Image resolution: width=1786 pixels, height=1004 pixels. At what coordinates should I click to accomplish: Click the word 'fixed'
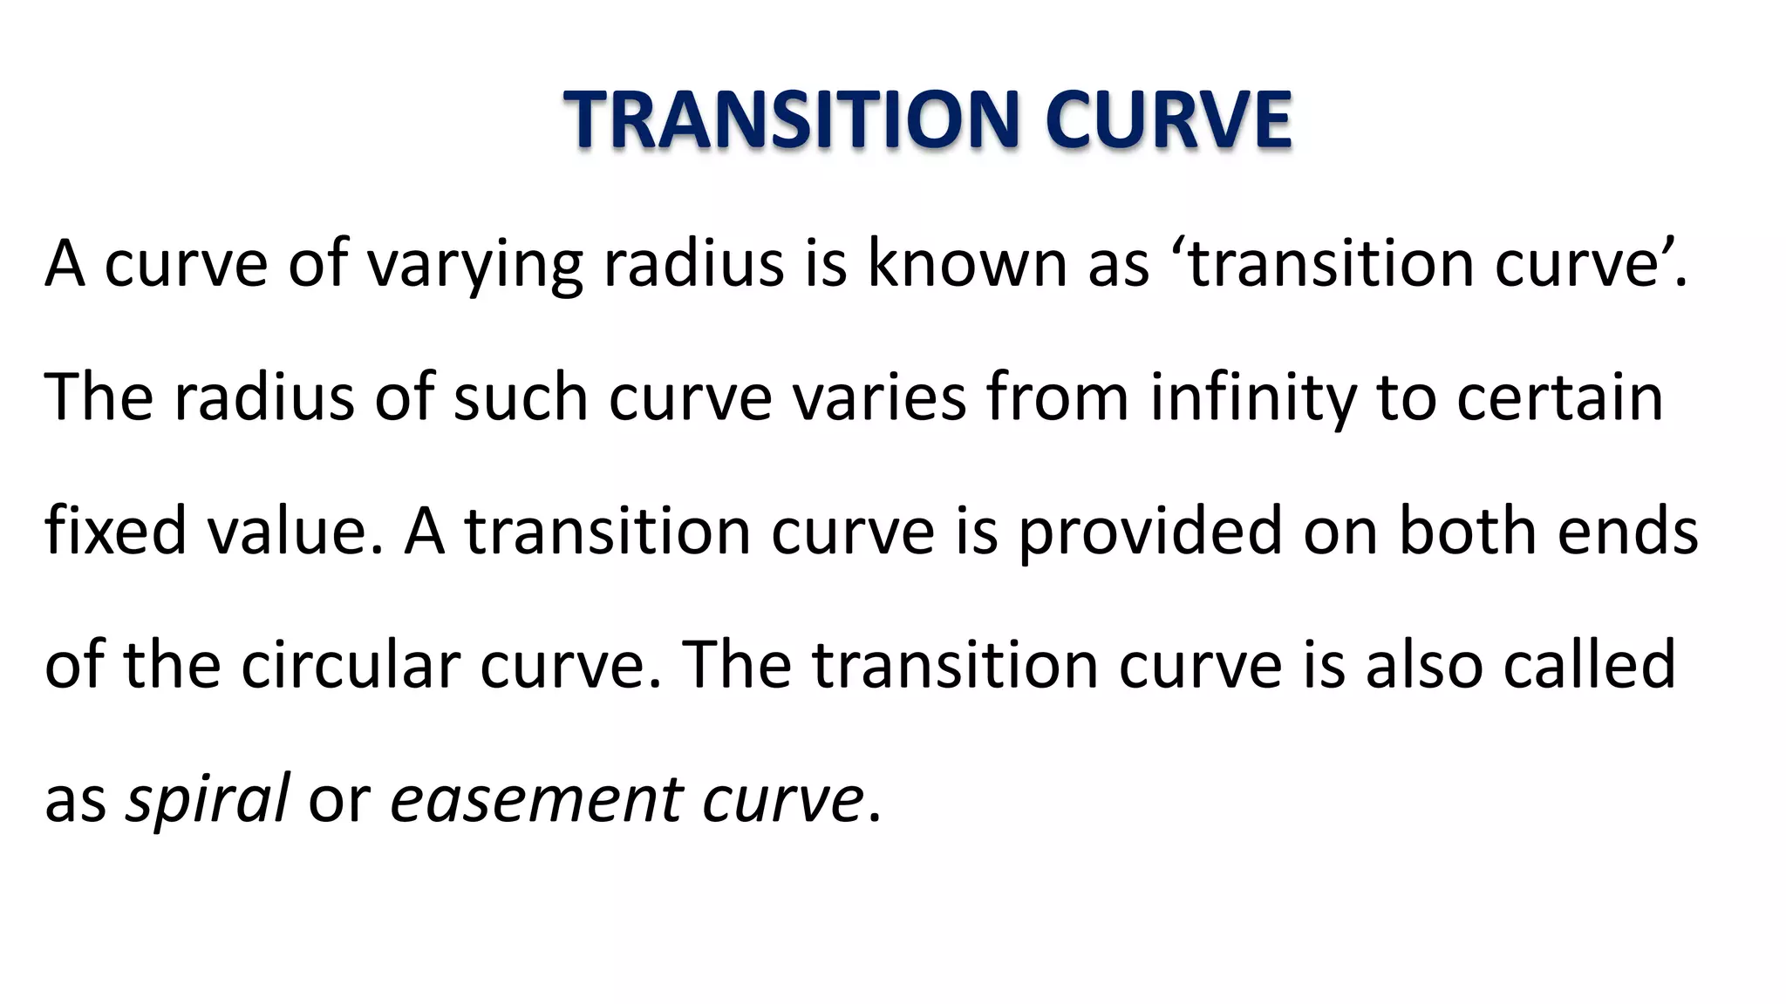point(115,532)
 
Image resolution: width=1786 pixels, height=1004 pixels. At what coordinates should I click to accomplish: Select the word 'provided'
point(1150,532)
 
